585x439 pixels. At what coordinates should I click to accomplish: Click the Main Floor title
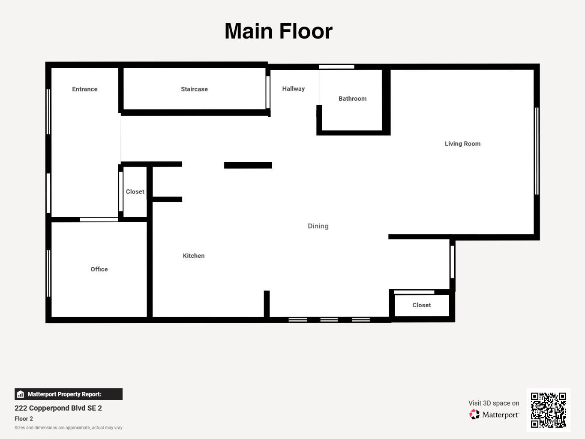(x=279, y=31)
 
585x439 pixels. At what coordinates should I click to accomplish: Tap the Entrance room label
(x=85, y=89)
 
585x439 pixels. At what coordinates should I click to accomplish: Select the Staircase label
(x=194, y=89)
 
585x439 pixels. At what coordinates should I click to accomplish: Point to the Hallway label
(x=294, y=89)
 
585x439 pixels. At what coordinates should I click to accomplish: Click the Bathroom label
(x=353, y=99)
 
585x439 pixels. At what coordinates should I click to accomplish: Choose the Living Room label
(x=463, y=144)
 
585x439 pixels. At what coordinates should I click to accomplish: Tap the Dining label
(x=318, y=226)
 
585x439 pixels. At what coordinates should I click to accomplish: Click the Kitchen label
(x=194, y=256)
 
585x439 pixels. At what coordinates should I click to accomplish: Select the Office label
(x=99, y=269)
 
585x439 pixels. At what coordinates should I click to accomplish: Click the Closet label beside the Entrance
(x=135, y=192)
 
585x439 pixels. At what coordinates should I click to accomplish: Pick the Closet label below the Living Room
(x=422, y=305)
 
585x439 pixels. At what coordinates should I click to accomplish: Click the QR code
(x=549, y=410)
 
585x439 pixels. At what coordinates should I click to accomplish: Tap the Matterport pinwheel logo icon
(x=474, y=415)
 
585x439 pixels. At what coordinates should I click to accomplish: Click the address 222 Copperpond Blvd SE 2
(x=58, y=408)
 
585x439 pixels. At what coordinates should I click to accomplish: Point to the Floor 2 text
(x=24, y=419)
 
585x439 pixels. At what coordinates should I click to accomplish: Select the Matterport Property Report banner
(x=69, y=394)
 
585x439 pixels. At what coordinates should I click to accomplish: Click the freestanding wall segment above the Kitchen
(x=248, y=165)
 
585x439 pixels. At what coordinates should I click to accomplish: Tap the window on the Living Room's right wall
(x=537, y=151)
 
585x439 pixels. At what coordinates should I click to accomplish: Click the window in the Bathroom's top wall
(x=336, y=67)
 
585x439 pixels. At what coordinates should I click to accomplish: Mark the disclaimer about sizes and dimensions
(x=69, y=428)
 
